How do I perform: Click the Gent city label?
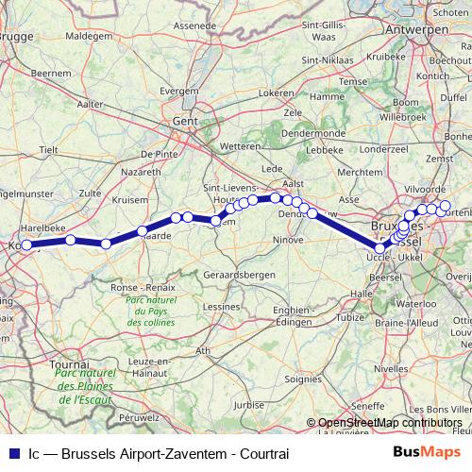click(183, 122)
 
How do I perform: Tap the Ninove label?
click(289, 240)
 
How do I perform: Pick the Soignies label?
click(303, 379)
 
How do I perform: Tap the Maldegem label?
click(91, 35)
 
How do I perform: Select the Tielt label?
click(49, 149)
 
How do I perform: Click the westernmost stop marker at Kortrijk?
click(27, 245)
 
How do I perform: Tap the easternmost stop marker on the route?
click(445, 207)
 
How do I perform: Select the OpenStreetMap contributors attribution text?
click(390, 422)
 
